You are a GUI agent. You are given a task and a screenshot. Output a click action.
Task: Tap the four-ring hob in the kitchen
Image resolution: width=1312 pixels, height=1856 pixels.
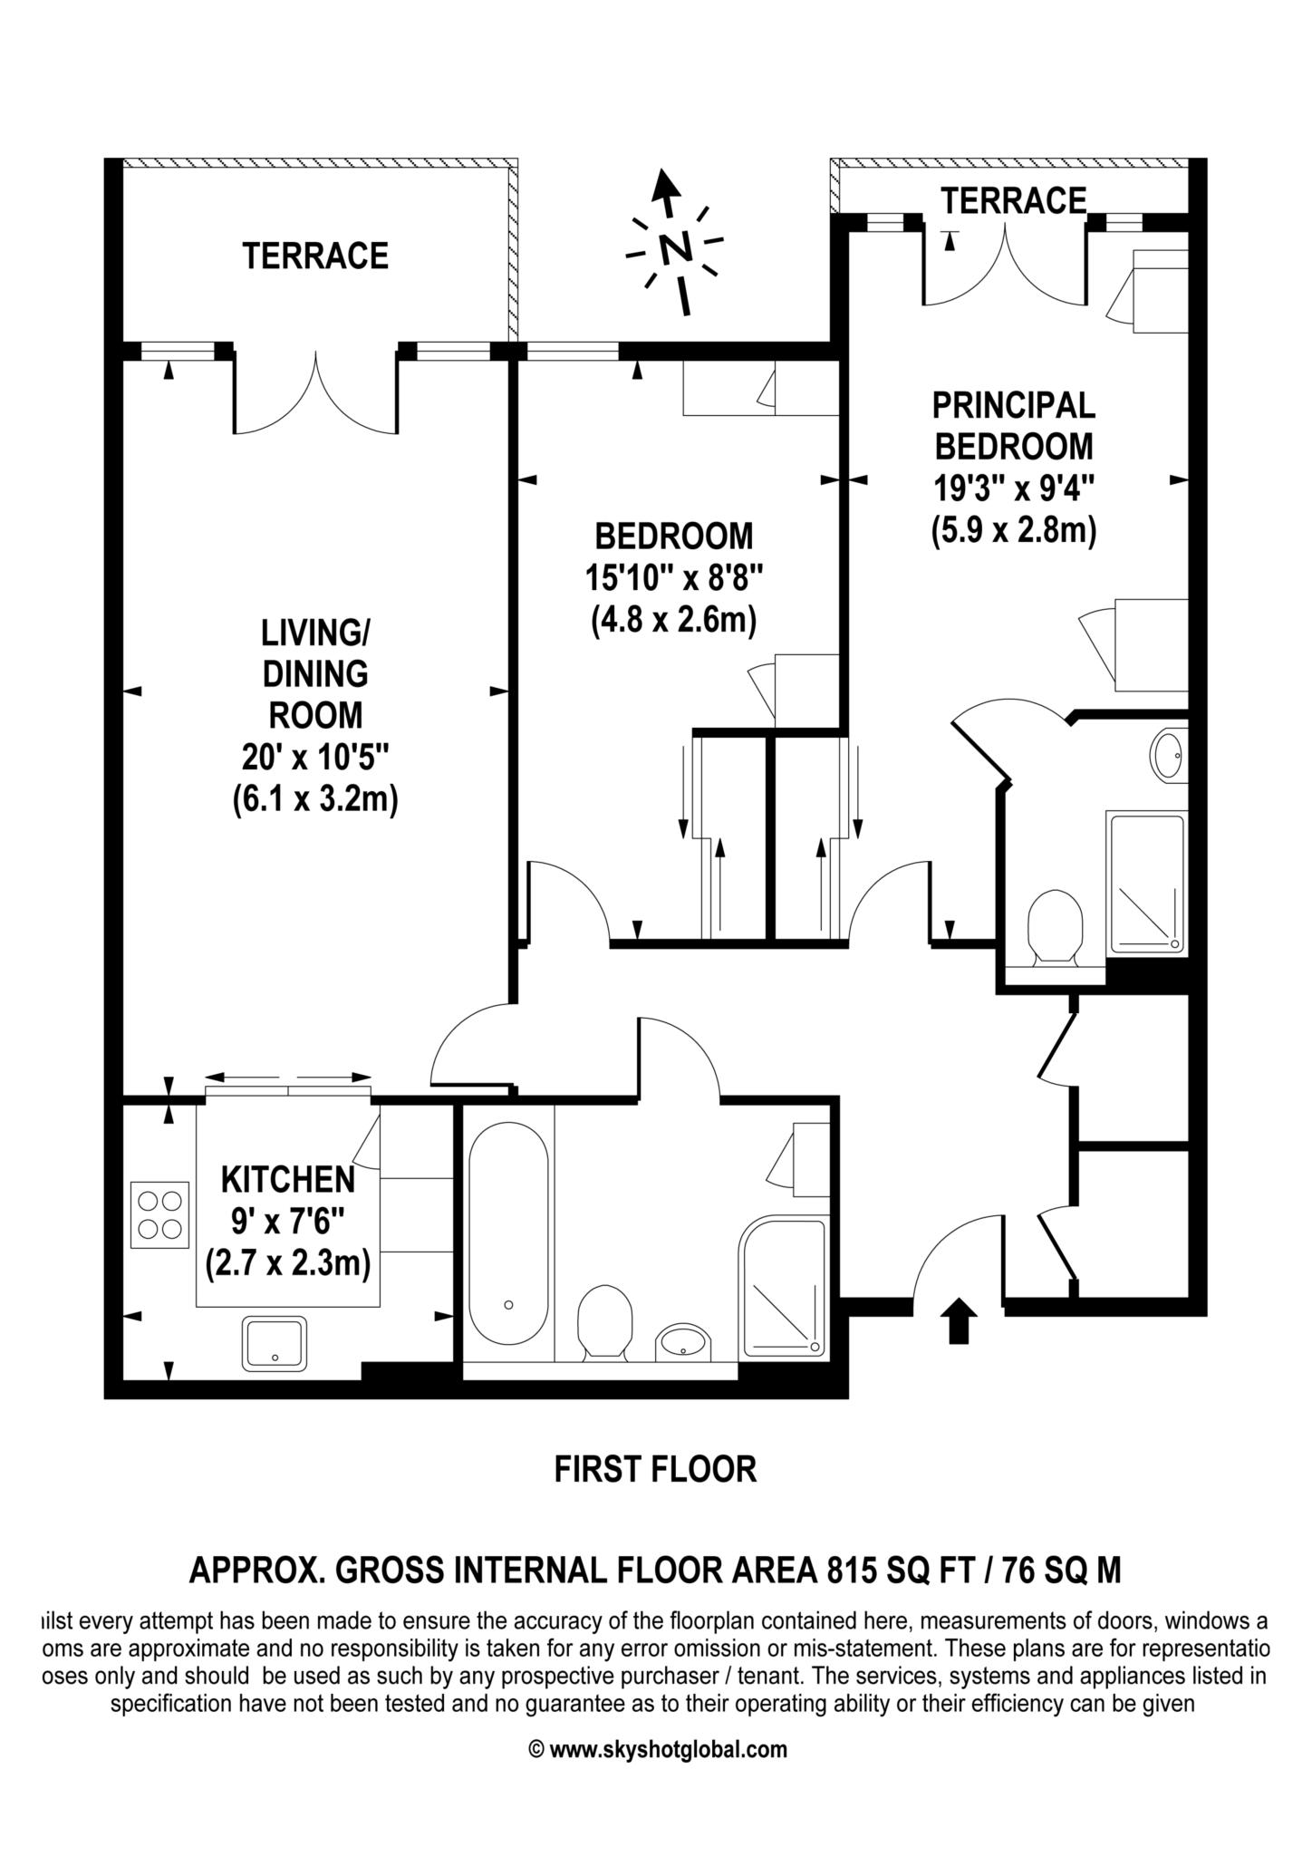[159, 1214]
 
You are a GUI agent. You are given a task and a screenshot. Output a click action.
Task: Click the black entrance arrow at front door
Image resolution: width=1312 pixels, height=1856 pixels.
[959, 1322]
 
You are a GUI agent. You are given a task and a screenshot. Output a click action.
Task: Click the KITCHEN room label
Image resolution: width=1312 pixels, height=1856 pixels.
[288, 1179]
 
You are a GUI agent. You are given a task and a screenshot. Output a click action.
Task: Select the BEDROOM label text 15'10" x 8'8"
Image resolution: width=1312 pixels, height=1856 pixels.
[673, 577]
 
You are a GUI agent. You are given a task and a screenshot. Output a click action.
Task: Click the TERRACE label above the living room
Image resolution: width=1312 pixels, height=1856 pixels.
[314, 256]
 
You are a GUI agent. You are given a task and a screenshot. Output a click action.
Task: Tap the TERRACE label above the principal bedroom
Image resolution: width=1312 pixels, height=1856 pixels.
[1013, 200]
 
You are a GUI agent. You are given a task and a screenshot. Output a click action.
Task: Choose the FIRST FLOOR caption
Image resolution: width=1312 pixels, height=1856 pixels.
[655, 1469]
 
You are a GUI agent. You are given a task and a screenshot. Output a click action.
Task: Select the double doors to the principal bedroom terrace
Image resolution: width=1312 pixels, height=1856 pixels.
[1004, 265]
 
